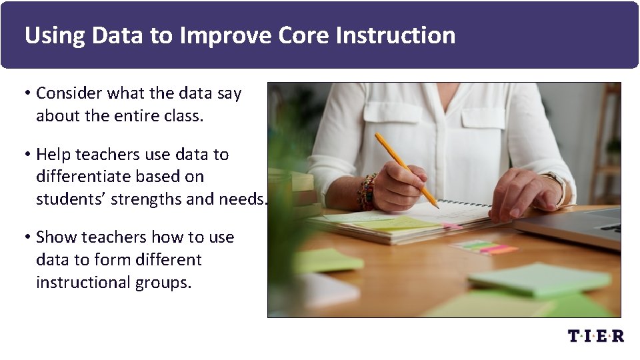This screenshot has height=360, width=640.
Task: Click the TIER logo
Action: click(595, 336)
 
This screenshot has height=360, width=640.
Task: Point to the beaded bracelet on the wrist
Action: click(366, 192)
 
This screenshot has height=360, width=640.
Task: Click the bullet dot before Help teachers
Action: click(28, 155)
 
